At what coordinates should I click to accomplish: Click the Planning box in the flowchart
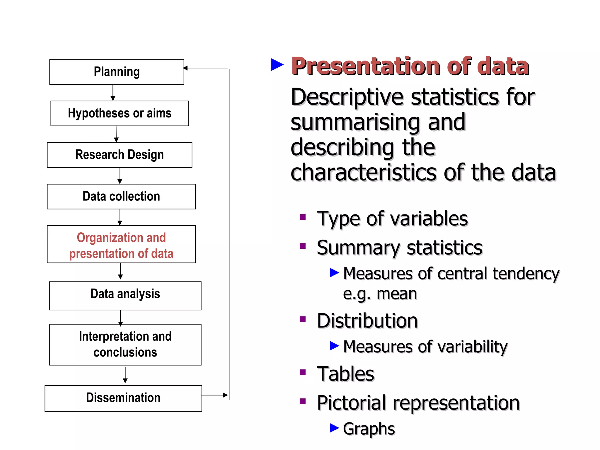click(x=117, y=72)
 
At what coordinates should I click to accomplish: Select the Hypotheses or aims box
click(x=120, y=113)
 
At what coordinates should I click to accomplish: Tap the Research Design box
click(x=120, y=155)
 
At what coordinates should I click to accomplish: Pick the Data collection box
click(x=121, y=197)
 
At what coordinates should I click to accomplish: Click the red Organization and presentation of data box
click(x=121, y=244)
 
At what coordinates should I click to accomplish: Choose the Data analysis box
click(x=125, y=296)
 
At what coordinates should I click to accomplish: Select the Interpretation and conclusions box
click(x=125, y=345)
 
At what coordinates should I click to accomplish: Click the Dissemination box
click(x=123, y=398)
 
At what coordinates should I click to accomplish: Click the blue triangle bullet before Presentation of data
click(x=277, y=65)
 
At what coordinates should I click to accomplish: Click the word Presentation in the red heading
click(x=365, y=67)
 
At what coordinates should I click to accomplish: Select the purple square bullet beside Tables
click(x=303, y=372)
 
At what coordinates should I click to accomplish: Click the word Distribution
click(x=367, y=321)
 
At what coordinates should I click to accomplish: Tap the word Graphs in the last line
click(x=369, y=429)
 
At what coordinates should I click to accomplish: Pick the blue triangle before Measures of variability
click(x=334, y=346)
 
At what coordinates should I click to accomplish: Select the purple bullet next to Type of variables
click(x=303, y=217)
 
